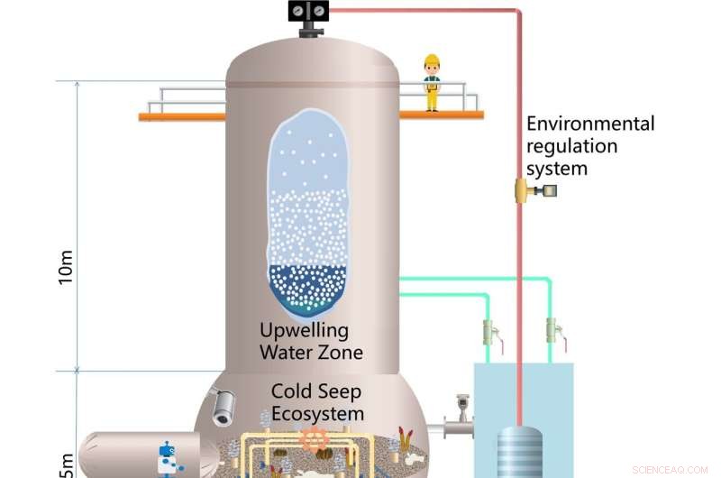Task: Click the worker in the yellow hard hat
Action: [432, 83]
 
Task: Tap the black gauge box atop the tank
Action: [308, 12]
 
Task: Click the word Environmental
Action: [590, 124]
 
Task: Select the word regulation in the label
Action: [572, 146]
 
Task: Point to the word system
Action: [557, 169]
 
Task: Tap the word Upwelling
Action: [304, 329]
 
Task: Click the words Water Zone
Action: [311, 352]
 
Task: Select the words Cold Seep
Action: [316, 393]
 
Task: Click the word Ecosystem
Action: [319, 414]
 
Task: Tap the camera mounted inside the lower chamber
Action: [220, 407]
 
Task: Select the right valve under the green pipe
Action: [552, 331]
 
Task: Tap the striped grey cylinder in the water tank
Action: [521, 451]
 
